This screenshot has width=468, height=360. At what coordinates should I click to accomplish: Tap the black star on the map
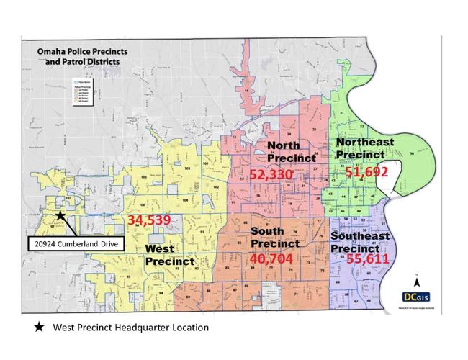click(x=61, y=215)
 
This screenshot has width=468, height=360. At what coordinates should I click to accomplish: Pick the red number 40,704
click(x=275, y=258)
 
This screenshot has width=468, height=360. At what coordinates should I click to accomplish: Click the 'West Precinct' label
click(x=170, y=255)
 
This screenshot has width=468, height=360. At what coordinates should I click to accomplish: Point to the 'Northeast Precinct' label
click(x=365, y=149)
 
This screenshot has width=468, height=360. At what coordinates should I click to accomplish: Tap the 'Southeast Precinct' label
click(x=360, y=242)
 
